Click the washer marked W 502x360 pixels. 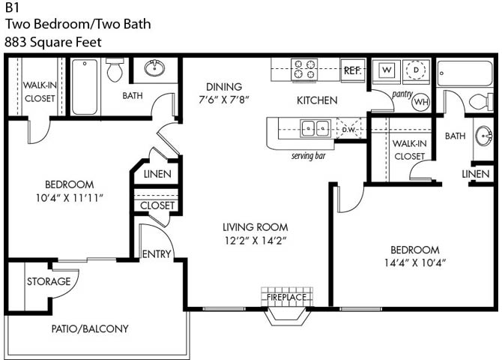[x=387, y=70]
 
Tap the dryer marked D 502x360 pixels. [x=416, y=70]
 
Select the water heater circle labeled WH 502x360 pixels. [x=420, y=102]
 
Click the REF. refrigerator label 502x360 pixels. [x=352, y=70]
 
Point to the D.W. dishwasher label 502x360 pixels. [x=349, y=130]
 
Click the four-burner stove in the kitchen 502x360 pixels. [x=304, y=70]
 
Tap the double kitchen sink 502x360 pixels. [x=315, y=128]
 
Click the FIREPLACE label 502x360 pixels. [x=286, y=297]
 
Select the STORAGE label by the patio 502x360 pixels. [x=49, y=281]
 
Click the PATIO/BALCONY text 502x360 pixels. [x=90, y=328]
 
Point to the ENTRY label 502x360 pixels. [x=157, y=254]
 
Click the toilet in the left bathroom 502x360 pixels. [x=115, y=69]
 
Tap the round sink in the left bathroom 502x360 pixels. [x=154, y=67]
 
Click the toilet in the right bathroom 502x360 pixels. [x=481, y=101]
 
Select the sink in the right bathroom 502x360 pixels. [x=484, y=136]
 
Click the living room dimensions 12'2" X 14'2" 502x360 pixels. [x=255, y=241]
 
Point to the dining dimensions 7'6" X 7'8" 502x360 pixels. [x=224, y=100]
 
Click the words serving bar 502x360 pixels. [x=308, y=156]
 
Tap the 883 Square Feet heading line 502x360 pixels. [x=53, y=42]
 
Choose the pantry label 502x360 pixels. [x=402, y=94]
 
